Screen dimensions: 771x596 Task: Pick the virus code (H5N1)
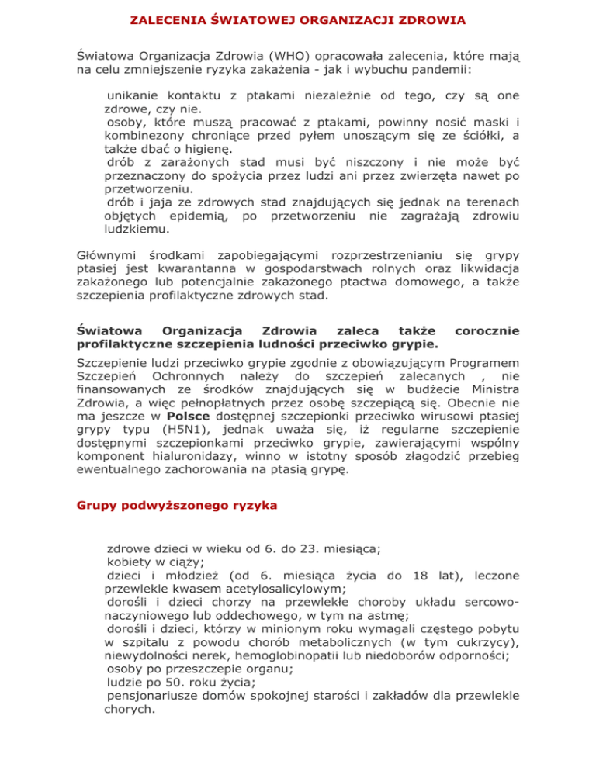click(179, 452)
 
